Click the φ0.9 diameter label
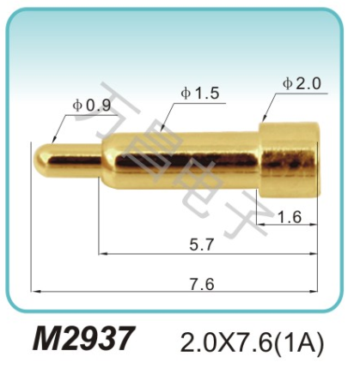[92, 105]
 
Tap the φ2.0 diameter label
[301, 83]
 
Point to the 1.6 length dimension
[290, 217]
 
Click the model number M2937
[83, 341]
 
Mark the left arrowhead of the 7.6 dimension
[33, 293]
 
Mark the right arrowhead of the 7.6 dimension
[318, 293]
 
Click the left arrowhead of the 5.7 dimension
[101, 254]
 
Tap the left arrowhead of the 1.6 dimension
[261, 227]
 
